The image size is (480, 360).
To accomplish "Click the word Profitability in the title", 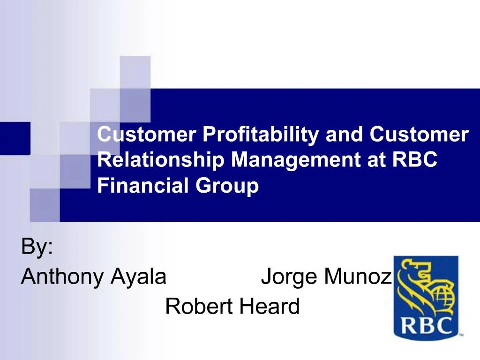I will tap(261, 135).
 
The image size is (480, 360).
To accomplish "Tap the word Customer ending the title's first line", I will tap(419, 135).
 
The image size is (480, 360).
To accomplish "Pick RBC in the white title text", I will tap(415, 161).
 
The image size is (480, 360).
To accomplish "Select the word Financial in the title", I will tap(143, 186).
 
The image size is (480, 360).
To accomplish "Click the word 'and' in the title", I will tap(344, 135).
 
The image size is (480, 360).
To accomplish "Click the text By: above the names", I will tap(37, 247).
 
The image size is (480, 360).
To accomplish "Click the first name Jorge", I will tap(289, 277).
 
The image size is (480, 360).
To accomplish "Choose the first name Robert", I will tap(199, 307).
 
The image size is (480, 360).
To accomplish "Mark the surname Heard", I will tap(270, 307).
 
